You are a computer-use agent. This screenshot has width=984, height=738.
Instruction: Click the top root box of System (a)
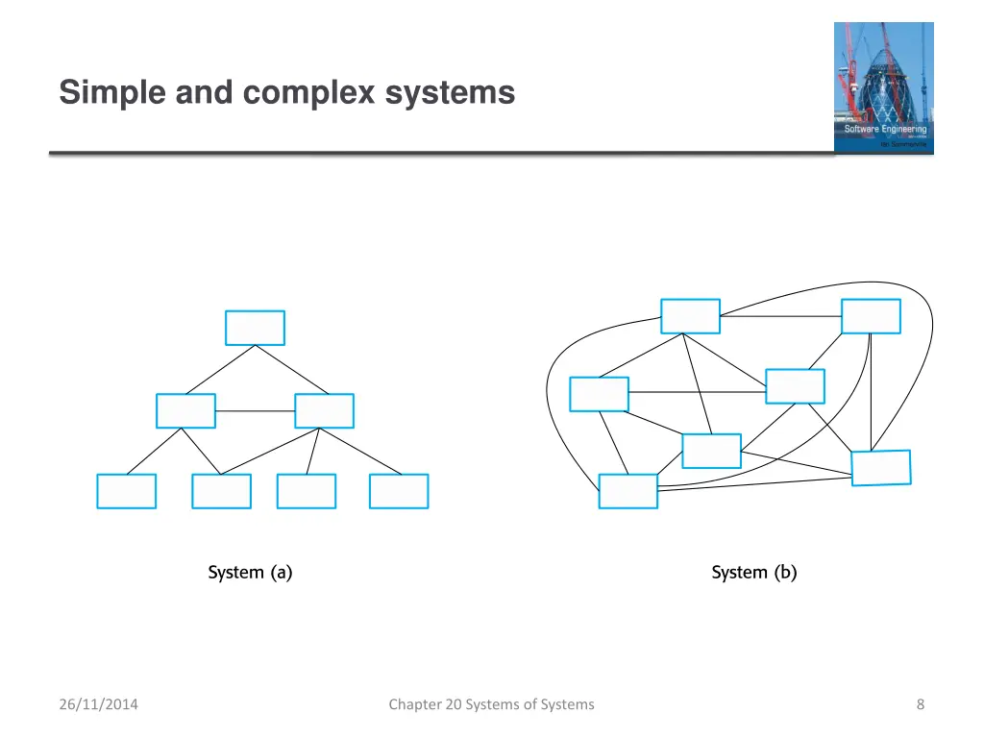255,328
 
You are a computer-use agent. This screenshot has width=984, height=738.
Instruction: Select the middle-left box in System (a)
185,411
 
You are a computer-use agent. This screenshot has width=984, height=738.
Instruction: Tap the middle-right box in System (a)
324,411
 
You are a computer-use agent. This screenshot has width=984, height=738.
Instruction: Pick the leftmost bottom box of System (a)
126,491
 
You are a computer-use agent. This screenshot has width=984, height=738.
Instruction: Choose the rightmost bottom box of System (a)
399,491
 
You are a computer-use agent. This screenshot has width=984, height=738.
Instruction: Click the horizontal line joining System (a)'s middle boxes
255,411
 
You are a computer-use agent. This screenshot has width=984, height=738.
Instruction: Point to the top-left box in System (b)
690,316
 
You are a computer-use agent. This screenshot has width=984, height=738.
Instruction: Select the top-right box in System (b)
871,316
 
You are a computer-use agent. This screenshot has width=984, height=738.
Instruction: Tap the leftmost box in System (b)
599,394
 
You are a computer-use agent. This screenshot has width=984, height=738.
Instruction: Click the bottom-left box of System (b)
627,491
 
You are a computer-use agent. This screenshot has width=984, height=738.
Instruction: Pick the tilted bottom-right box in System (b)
881,468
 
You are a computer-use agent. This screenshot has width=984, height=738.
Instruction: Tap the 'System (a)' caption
250,573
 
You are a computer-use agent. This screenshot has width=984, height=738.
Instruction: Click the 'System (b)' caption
753,573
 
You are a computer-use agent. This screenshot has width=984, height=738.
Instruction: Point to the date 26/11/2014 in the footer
98,704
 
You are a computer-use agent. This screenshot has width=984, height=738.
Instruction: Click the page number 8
921,704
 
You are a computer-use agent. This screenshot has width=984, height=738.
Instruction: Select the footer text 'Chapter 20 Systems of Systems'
491,704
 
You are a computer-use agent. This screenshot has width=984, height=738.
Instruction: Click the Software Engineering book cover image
883,87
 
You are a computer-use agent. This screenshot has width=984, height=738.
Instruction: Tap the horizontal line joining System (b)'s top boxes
780,316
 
